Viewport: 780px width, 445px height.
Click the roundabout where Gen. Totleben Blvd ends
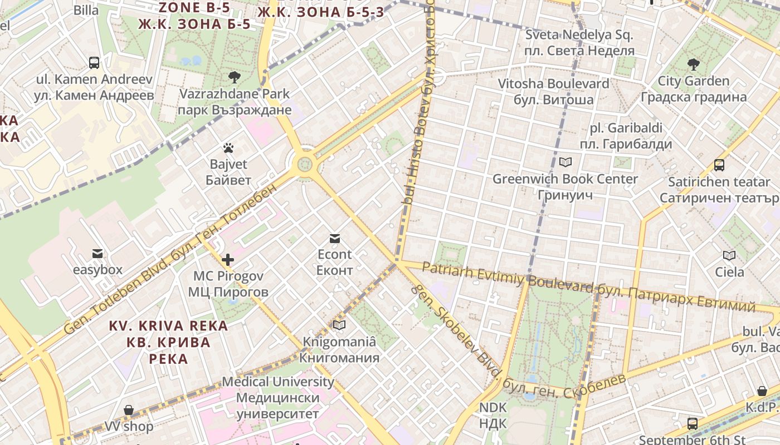(x=304, y=164)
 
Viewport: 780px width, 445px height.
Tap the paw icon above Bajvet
(x=228, y=148)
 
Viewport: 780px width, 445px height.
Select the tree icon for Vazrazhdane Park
(x=234, y=77)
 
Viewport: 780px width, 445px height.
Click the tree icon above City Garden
(x=693, y=65)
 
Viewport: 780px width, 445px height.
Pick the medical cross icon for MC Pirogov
(x=228, y=260)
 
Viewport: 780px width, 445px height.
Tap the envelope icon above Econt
(x=335, y=239)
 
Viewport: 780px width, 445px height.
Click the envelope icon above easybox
(x=97, y=254)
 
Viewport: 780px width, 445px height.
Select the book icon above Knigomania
(x=339, y=325)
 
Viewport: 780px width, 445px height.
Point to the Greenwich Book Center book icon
(x=565, y=162)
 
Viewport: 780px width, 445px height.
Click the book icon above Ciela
(x=729, y=256)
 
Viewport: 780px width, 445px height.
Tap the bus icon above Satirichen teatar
(x=719, y=165)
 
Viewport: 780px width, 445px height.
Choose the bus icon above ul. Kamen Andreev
(x=94, y=63)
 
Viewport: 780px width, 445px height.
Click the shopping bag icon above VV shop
(x=129, y=411)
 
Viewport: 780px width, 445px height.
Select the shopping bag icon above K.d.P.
(x=762, y=391)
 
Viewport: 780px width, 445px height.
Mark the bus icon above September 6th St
(x=692, y=424)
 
